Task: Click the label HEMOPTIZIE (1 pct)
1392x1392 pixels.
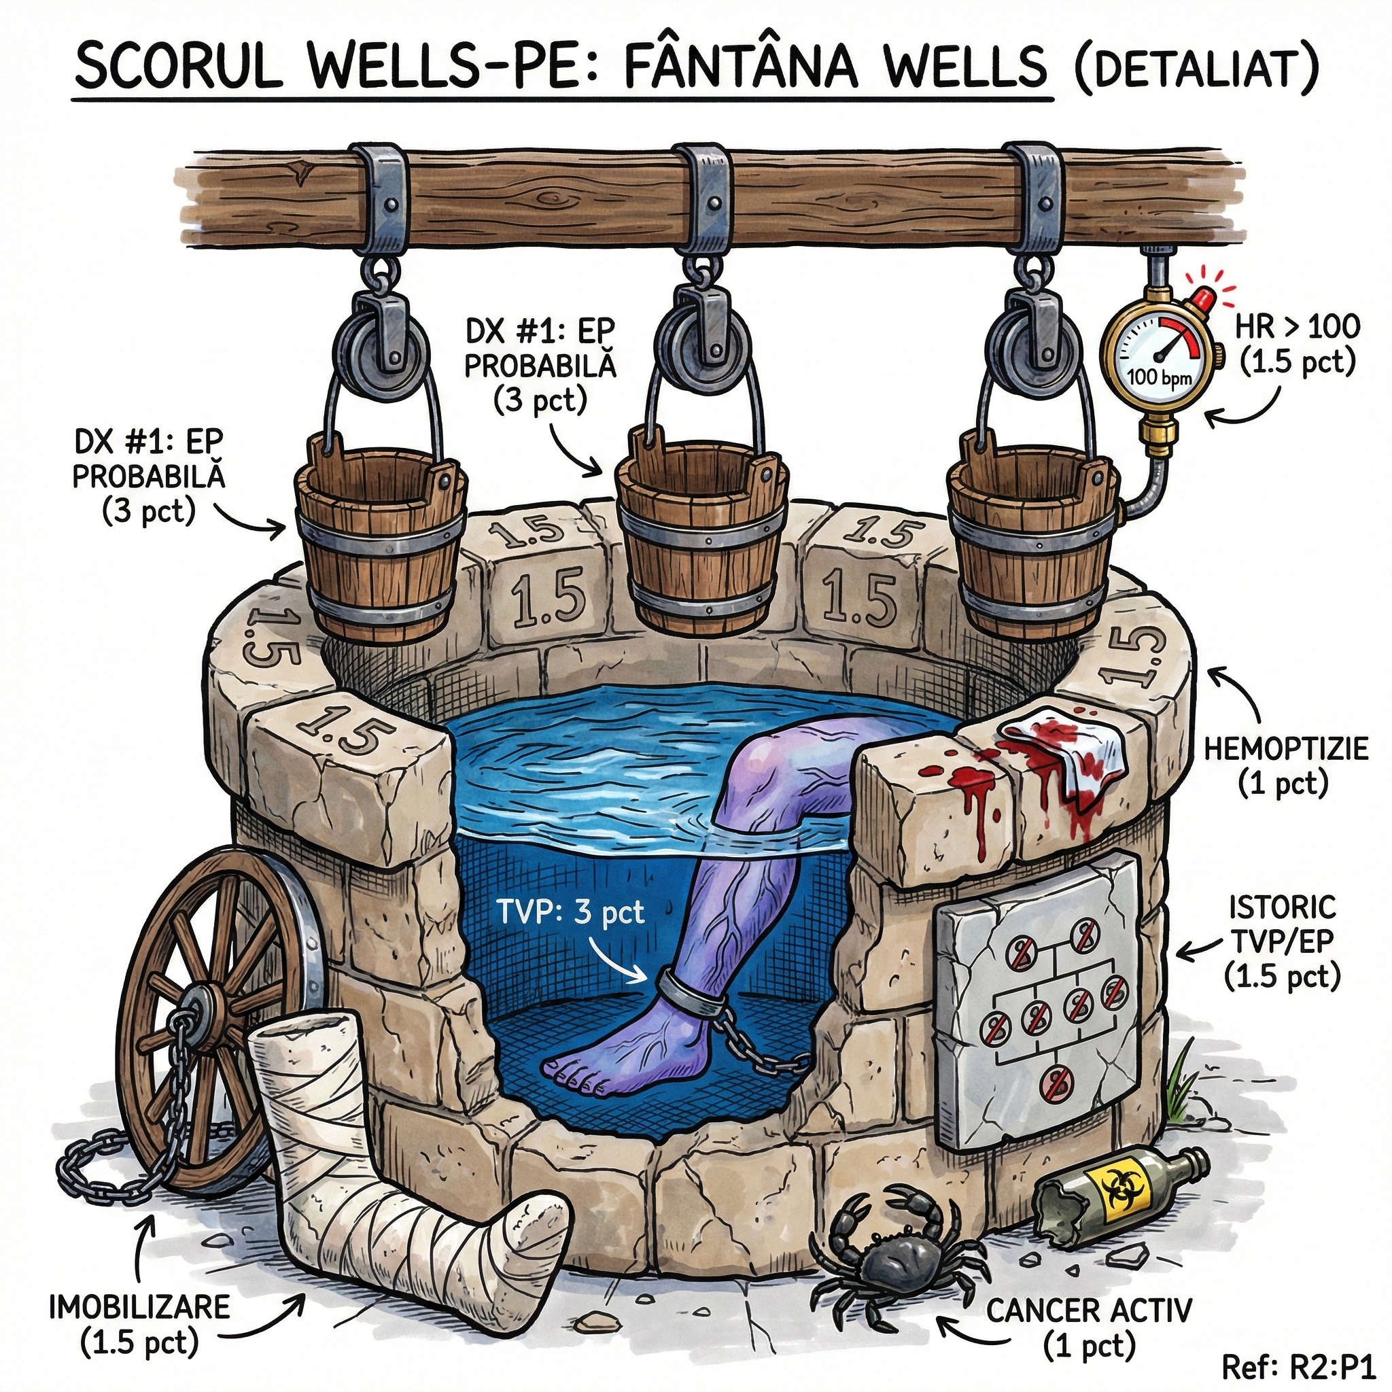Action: pyautogui.click(x=1285, y=765)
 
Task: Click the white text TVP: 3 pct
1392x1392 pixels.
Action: pyautogui.click(x=571, y=913)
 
